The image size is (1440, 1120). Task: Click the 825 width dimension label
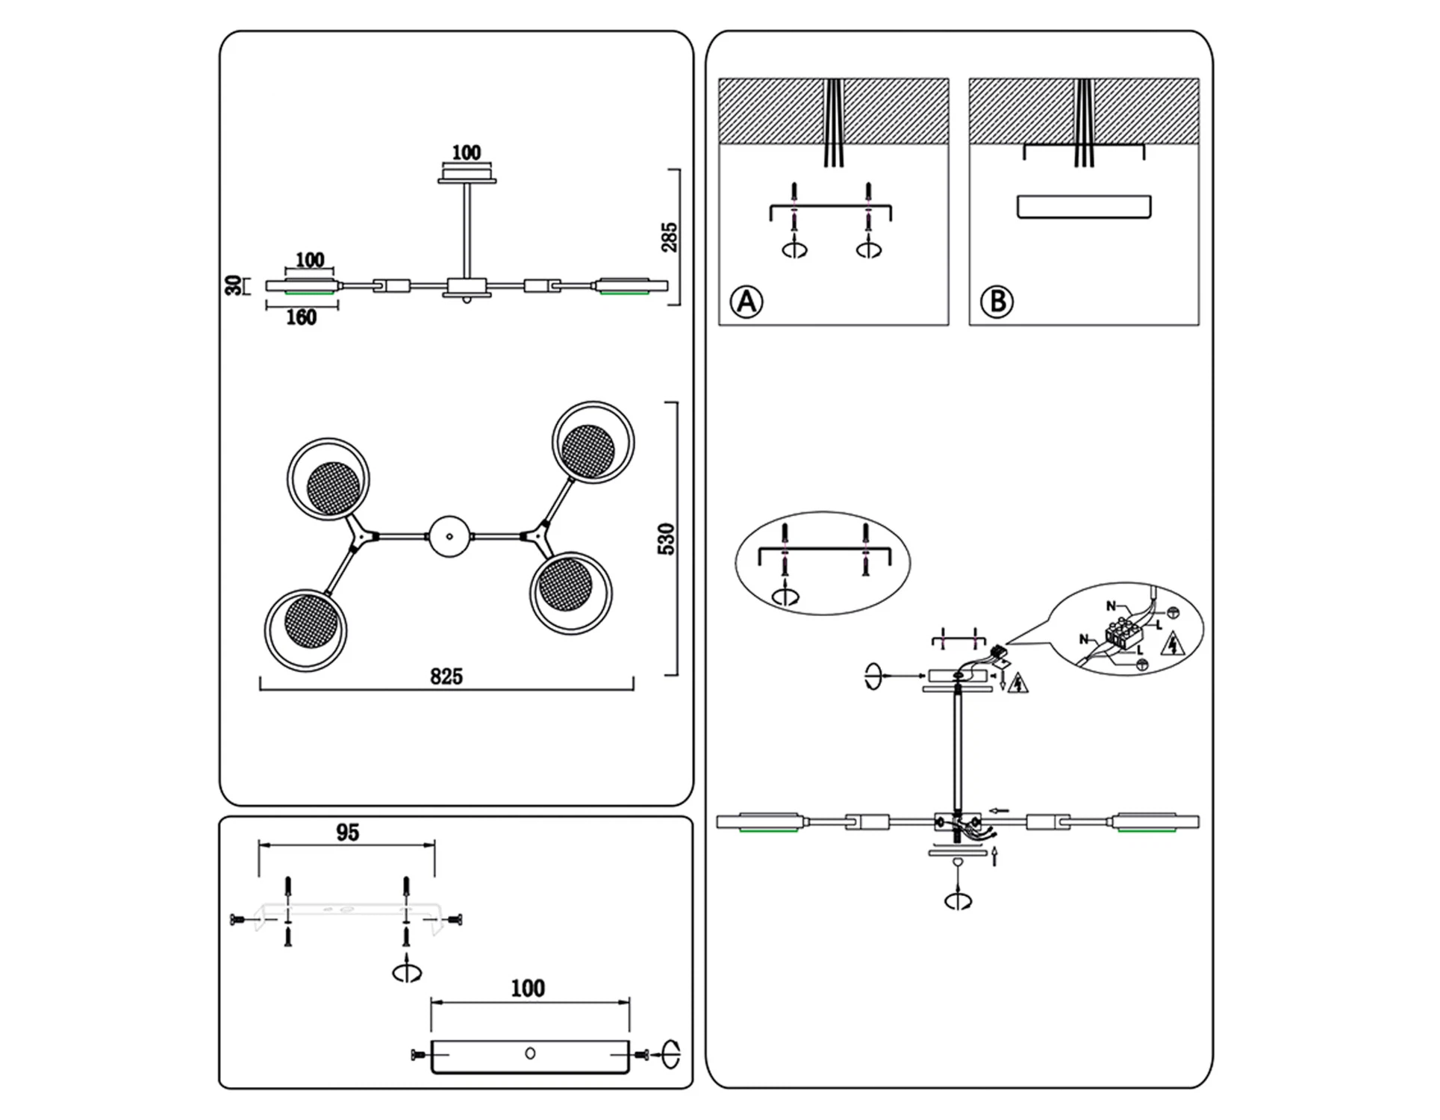click(446, 676)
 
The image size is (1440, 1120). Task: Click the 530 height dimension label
click(666, 538)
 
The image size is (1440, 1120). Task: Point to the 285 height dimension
click(670, 237)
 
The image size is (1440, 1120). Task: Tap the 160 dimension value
click(302, 318)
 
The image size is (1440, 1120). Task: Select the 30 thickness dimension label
click(234, 285)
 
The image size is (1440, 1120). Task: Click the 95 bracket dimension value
click(347, 833)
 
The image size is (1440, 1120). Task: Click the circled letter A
click(746, 302)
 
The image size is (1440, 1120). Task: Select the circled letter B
click(997, 302)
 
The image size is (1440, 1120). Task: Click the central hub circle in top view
click(449, 536)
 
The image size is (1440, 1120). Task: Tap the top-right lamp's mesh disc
click(588, 451)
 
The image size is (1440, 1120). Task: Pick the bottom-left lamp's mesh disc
click(311, 622)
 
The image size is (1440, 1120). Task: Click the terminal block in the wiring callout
click(1123, 633)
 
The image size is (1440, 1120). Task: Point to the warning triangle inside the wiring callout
click(1174, 643)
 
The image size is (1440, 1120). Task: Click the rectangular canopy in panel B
click(1084, 207)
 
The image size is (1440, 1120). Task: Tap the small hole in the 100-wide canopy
click(530, 1053)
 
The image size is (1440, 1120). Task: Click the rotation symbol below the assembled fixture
click(958, 900)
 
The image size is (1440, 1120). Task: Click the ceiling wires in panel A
click(833, 123)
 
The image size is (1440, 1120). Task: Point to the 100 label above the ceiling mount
click(467, 152)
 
